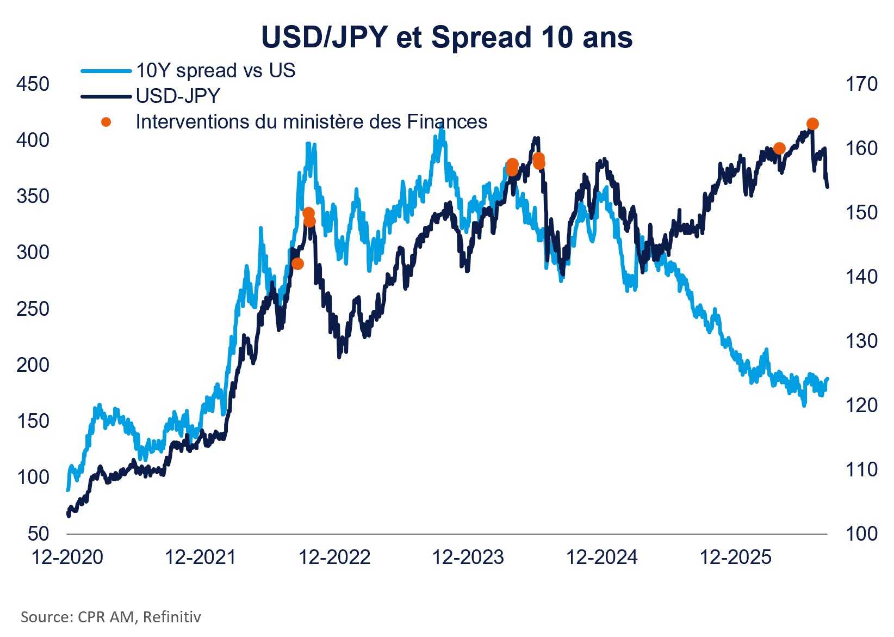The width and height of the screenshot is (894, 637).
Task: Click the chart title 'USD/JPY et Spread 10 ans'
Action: coord(446,37)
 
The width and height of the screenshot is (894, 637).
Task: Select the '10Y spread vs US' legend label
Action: coord(215,70)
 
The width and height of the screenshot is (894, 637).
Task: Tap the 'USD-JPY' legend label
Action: coord(178,96)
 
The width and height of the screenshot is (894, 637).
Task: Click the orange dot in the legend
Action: coord(105,122)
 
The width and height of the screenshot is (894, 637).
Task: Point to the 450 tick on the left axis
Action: coord(33,84)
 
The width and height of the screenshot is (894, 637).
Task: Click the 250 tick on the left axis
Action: coord(33,309)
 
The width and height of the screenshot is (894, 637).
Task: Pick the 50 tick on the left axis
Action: coord(38,534)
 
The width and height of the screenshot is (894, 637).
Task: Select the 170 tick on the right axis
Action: coord(861,84)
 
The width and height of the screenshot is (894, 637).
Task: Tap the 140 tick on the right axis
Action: coord(861,277)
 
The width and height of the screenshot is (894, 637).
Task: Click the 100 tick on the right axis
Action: coord(861,534)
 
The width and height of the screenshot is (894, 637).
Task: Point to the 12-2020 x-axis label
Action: coord(67,557)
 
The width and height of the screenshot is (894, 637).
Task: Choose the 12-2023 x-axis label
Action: coord(468,557)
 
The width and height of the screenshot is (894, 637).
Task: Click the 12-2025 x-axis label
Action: coord(736,557)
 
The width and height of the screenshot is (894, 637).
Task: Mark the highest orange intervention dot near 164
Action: coord(812,124)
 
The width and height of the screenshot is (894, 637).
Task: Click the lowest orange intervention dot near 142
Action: coord(298,264)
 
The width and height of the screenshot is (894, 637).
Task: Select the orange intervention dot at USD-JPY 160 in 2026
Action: coord(779,149)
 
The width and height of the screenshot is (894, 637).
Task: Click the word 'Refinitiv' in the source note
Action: coord(172,617)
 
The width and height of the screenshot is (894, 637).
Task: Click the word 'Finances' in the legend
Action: coord(447,121)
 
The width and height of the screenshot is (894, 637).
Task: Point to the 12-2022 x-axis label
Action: coord(334,557)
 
